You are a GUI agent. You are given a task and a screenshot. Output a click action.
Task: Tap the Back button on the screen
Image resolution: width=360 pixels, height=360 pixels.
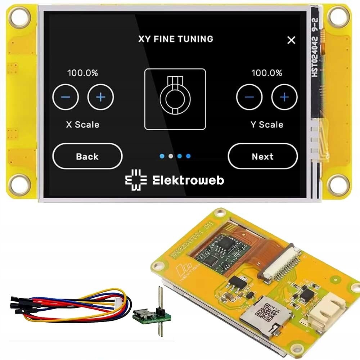pos(87,157)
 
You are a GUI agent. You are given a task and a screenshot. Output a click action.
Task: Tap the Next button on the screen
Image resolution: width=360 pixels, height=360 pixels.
pos(262,157)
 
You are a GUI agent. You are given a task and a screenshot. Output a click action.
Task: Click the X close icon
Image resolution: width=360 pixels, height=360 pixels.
pos(291,40)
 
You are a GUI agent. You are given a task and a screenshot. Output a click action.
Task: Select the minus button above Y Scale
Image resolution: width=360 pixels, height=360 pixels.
pos(249,97)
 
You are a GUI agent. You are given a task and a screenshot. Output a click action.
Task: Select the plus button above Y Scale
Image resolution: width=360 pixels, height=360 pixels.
pos(284,97)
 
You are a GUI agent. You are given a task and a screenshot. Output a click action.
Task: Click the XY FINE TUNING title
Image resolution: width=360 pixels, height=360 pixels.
pos(176,39)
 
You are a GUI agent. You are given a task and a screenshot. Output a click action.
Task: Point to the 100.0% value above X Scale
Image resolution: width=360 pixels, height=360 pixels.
pos(82,73)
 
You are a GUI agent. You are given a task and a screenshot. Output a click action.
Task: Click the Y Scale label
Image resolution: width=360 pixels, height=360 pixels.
pos(267,125)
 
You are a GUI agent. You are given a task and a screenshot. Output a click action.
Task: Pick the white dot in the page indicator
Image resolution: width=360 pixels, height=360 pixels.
pos(171,156)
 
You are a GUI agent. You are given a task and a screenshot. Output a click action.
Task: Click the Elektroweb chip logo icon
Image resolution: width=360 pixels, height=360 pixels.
pos(136,180)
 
